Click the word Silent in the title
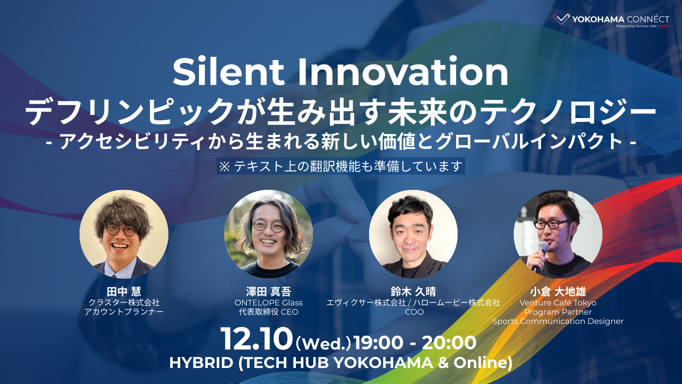click(x=228, y=72)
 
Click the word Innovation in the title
click(x=403, y=72)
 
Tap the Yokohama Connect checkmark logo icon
click(x=561, y=19)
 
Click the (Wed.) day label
click(x=323, y=343)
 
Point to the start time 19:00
click(x=379, y=343)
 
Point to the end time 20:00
click(x=449, y=343)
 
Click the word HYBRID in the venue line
click(x=201, y=363)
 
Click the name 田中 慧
click(x=124, y=292)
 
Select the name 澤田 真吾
click(x=269, y=292)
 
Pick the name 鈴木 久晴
click(x=413, y=292)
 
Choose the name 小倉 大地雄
click(x=558, y=292)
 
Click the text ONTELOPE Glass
click(x=269, y=303)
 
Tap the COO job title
click(x=414, y=312)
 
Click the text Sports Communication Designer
click(x=558, y=321)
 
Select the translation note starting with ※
click(x=341, y=166)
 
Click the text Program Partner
click(x=558, y=312)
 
